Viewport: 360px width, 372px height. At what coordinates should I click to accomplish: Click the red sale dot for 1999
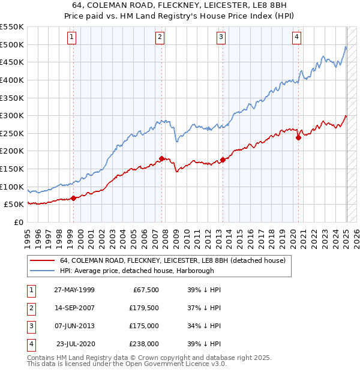(x=74, y=198)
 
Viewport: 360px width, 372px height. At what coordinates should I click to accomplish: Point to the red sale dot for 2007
(x=161, y=158)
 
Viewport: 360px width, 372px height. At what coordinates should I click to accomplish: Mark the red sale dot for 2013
(x=223, y=160)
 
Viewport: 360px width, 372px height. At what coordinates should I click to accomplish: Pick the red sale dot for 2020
(x=298, y=137)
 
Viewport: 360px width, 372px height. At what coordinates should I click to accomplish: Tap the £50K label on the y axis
(x=14, y=205)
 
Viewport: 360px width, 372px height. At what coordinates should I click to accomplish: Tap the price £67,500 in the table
(x=145, y=290)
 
